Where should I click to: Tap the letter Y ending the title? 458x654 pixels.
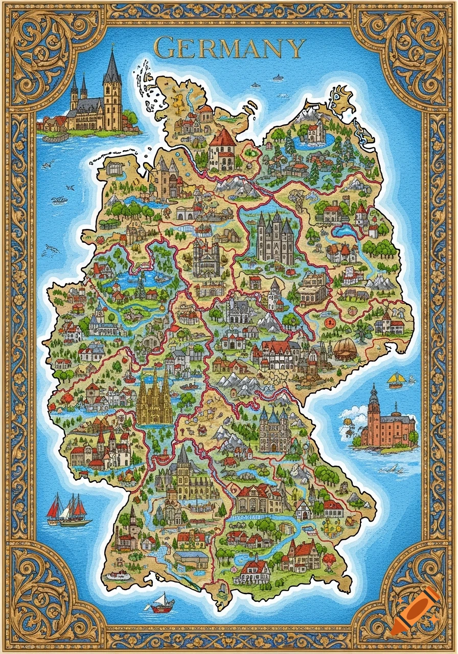295,49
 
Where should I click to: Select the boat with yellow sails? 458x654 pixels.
396,380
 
